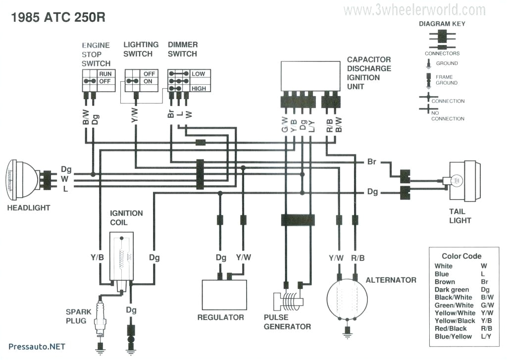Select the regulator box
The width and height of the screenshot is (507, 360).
click(x=224, y=295)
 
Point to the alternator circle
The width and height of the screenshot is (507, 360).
click(x=347, y=299)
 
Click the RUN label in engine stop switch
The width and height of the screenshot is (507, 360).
click(x=105, y=73)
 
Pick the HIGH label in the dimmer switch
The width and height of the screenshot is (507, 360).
click(x=199, y=88)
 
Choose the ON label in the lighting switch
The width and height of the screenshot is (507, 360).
click(x=149, y=81)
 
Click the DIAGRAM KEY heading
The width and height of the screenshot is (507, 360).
click(x=442, y=23)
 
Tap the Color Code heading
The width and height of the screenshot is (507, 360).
click(x=461, y=256)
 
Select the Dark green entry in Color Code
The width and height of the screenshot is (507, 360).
click(x=452, y=290)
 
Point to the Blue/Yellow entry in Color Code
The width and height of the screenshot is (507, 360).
click(x=453, y=337)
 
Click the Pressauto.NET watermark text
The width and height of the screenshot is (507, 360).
click(x=37, y=347)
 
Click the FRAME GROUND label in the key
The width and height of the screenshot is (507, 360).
click(x=447, y=80)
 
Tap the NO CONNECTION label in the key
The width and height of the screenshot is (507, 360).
click(x=448, y=115)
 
